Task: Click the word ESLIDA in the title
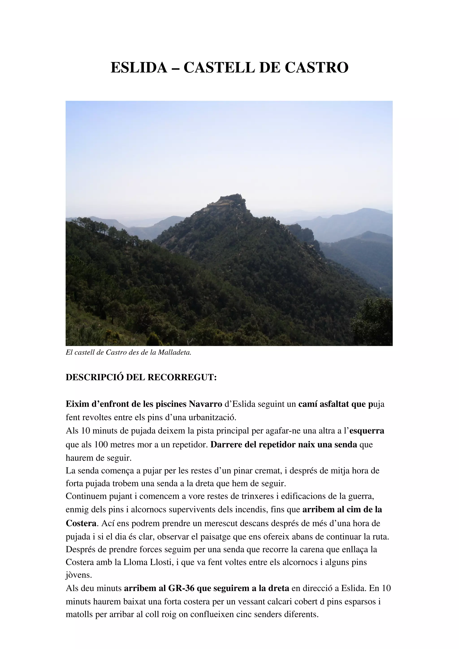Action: click(139, 68)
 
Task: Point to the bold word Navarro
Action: click(205, 404)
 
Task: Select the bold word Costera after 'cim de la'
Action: click(81, 523)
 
